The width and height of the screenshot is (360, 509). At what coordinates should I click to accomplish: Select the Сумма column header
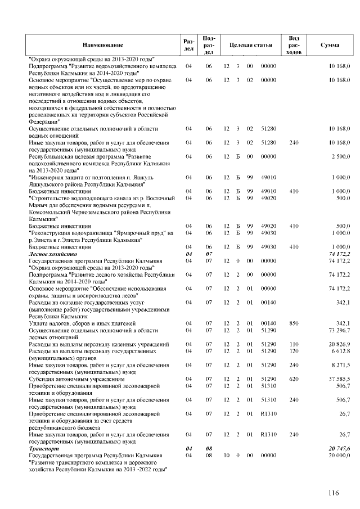click(x=329, y=44)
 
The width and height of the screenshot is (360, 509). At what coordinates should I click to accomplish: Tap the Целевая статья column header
click(x=247, y=44)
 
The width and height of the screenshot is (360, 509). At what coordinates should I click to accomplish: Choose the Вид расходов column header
click(x=293, y=44)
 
